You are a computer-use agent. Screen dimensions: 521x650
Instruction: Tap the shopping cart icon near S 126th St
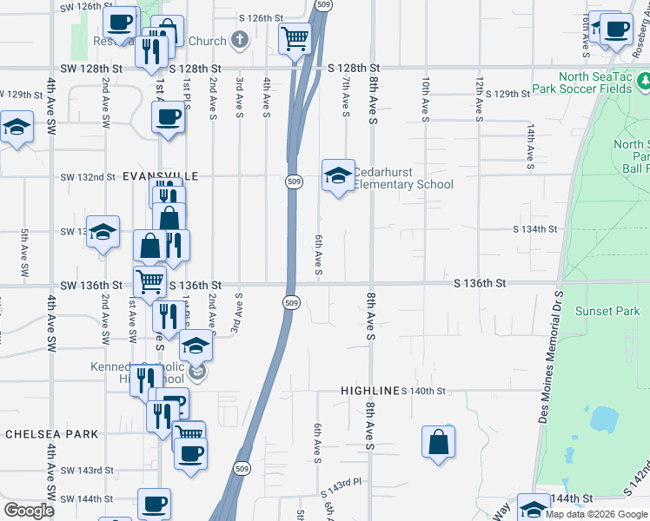point(295,37)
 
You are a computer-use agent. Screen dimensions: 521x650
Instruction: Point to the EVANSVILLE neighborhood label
point(161,175)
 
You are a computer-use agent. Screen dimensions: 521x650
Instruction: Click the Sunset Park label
point(614,311)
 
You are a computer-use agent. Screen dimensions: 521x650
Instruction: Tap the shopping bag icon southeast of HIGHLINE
point(439,441)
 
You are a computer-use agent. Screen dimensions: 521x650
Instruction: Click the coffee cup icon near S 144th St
point(155,503)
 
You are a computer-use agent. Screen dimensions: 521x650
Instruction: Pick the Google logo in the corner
point(29,510)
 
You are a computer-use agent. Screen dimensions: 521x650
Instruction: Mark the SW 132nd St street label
point(88,177)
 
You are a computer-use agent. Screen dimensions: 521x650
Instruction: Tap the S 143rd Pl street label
point(340,483)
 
